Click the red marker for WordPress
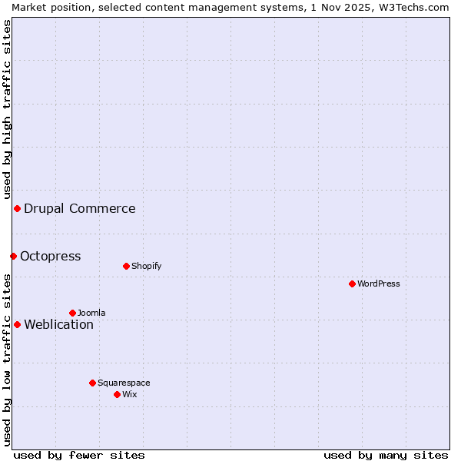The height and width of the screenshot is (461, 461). [352, 284]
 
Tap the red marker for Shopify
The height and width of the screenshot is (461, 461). [126, 266]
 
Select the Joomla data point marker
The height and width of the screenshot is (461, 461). [72, 313]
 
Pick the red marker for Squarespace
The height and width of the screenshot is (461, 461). [92, 383]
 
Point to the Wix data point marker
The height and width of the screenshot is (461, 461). [117, 394]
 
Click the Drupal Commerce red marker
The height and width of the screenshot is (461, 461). [17, 208]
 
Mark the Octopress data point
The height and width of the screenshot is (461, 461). [13, 256]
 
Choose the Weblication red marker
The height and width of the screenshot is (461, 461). [17, 324]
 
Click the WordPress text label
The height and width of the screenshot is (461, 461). [379, 284]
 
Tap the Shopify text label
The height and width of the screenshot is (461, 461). [146, 266]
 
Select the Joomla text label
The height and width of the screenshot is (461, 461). [91, 313]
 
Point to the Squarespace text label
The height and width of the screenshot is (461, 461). [124, 383]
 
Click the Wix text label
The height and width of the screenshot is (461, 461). [129, 394]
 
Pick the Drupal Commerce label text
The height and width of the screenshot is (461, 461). [80, 208]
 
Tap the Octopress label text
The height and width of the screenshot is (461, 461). [51, 256]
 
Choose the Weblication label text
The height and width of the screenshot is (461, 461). [59, 324]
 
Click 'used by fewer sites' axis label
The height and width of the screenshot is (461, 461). [79, 455]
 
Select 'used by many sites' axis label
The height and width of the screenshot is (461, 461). [386, 455]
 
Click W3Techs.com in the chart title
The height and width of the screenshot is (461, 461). [418, 7]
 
